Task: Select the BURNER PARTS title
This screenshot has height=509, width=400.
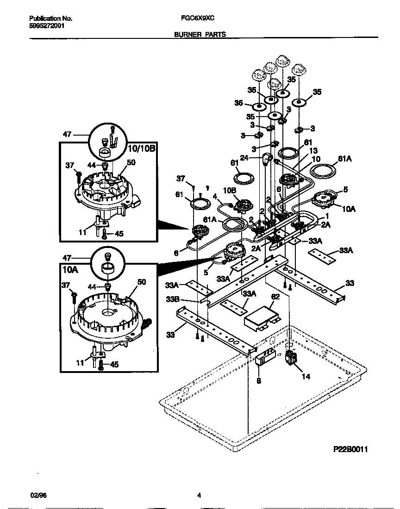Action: pyautogui.click(x=200, y=35)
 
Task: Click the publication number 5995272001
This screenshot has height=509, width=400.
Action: pyautogui.click(x=47, y=26)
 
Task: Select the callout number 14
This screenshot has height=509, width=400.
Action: pyautogui.click(x=306, y=376)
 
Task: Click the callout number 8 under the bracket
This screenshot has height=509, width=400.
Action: pyautogui.click(x=258, y=381)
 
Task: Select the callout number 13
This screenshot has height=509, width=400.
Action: pyautogui.click(x=313, y=151)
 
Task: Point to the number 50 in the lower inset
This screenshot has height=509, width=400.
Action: pyautogui.click(x=142, y=282)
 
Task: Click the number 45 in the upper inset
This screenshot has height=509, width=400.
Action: pyautogui.click(x=119, y=234)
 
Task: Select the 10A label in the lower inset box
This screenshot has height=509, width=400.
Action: pyautogui.click(x=69, y=268)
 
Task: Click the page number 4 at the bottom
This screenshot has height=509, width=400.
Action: pyautogui.click(x=199, y=496)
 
